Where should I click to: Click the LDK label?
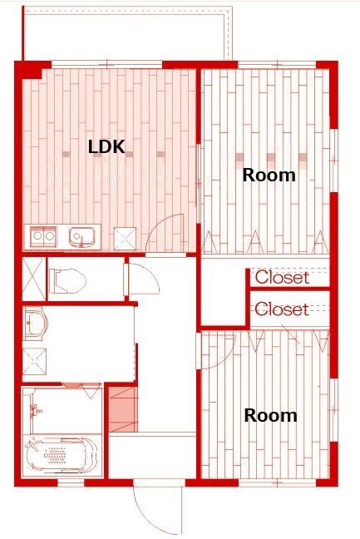coord(106,146)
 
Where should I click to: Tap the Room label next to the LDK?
coord(269,175)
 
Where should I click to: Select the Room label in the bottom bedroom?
coord(270,415)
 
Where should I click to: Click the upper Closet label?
coord(282,278)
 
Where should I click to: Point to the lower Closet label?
coord(282,309)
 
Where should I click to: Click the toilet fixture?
coord(67,281)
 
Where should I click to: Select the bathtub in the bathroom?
coord(61,456)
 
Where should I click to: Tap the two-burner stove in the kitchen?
coord(43,236)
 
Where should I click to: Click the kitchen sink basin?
coord(81,236)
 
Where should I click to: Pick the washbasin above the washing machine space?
coord(35,324)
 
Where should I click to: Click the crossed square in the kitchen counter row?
coord(125,238)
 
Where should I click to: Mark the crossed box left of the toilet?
coord(33,279)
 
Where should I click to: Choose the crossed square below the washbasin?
coord(34,361)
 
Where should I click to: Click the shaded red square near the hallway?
coord(123,409)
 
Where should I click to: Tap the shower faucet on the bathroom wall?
coord(35,410)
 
